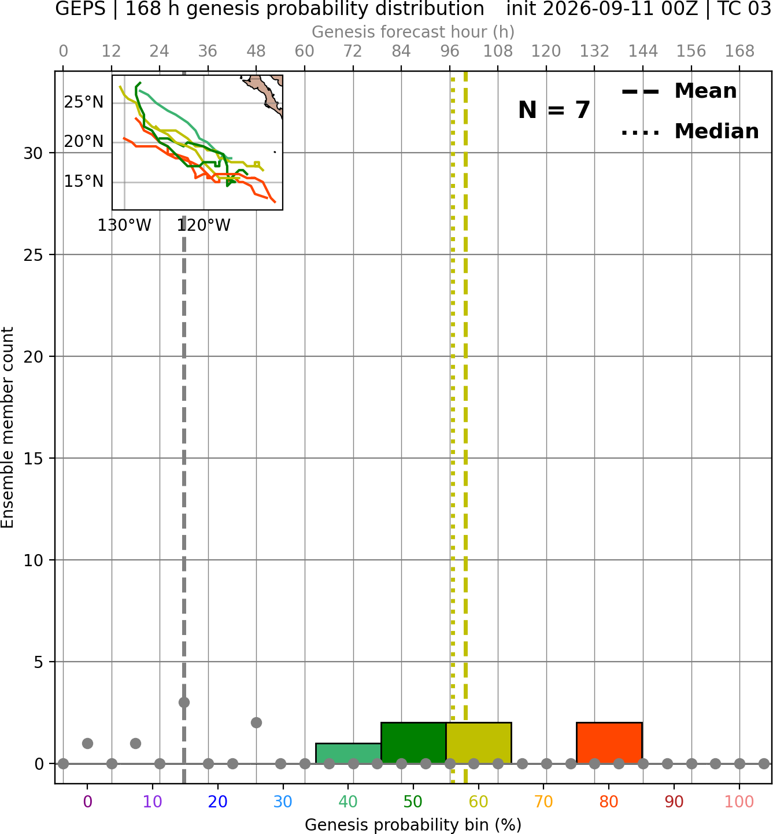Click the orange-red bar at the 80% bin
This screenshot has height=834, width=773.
click(x=609, y=743)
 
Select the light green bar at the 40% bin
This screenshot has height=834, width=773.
click(x=348, y=754)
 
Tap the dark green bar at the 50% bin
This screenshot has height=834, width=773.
click(x=413, y=743)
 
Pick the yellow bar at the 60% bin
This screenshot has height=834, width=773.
click(x=479, y=743)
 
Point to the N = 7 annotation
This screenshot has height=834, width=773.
click(x=554, y=110)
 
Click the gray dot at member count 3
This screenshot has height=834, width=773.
click(x=184, y=702)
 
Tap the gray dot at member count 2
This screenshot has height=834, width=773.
click(x=256, y=723)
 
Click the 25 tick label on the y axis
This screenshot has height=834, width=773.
click(x=33, y=255)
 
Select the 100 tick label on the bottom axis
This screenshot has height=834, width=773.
click(x=739, y=802)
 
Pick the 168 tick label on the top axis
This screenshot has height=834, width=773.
click(x=739, y=51)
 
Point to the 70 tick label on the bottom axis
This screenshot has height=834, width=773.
click(x=543, y=802)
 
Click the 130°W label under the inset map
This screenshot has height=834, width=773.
click(x=124, y=226)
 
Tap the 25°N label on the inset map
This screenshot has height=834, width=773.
click(x=84, y=102)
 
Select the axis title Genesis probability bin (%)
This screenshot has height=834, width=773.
click(x=413, y=825)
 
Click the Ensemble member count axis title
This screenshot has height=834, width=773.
click(x=8, y=427)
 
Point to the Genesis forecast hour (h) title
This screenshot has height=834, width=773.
click(x=413, y=32)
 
